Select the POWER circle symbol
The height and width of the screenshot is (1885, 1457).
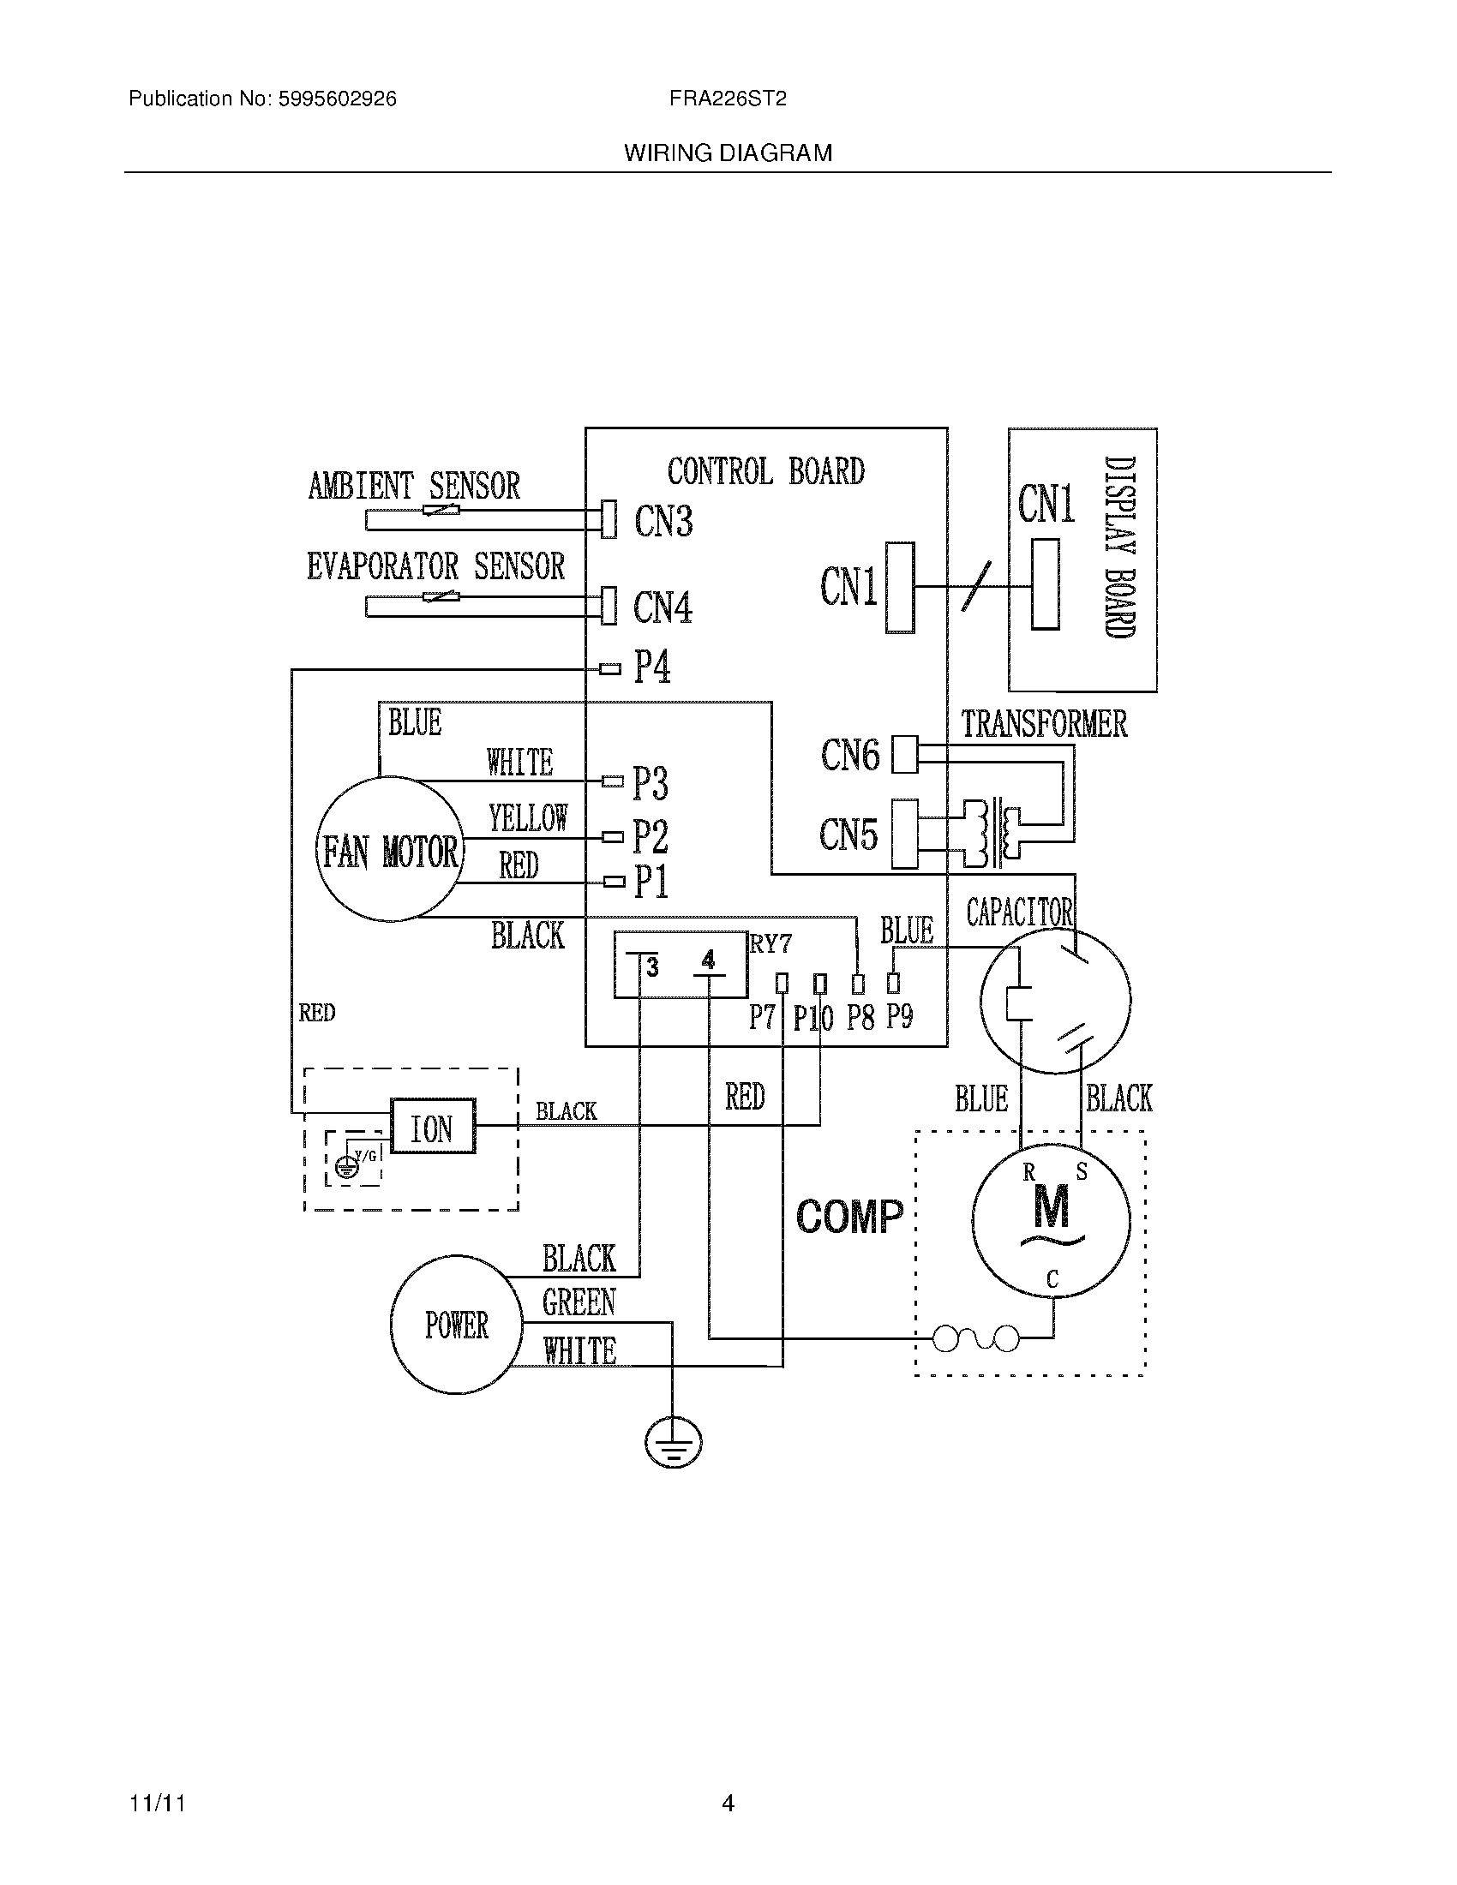(x=457, y=1324)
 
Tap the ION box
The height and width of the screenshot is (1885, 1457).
(x=433, y=1127)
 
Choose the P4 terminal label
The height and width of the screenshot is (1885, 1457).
(x=652, y=667)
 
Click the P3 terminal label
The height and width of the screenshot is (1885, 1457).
(x=651, y=783)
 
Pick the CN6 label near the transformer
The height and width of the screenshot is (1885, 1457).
(x=850, y=755)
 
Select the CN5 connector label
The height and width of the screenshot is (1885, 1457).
(x=848, y=835)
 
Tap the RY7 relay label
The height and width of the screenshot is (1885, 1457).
(x=770, y=943)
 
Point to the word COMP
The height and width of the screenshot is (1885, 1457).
(x=849, y=1216)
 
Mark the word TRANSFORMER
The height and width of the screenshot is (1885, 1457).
(x=1045, y=723)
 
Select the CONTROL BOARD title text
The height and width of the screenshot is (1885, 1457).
(x=765, y=471)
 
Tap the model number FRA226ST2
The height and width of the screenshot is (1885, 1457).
(x=728, y=99)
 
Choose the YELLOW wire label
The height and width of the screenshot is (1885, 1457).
(x=528, y=817)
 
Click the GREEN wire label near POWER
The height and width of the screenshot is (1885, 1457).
(x=579, y=1302)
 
